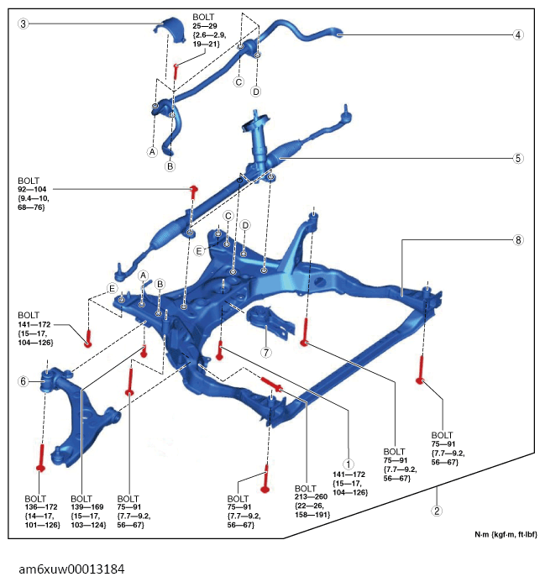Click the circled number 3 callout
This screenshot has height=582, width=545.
point(23,24)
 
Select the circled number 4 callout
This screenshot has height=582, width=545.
point(518,35)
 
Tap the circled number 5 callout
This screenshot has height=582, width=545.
point(518,159)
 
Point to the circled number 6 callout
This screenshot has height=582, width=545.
point(23,381)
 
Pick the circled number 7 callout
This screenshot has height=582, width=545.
point(266,352)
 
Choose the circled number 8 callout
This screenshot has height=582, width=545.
point(518,240)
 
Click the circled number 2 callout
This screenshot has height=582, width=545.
point(437,511)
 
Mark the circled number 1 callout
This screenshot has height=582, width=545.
point(348,464)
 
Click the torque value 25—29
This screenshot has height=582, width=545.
point(205,26)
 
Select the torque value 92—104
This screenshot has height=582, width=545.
point(32,189)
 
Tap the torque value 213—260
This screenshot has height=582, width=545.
point(311,496)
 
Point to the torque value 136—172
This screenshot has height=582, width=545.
point(41,507)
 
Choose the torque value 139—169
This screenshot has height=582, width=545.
point(87,507)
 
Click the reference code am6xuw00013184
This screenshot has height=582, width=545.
point(71,569)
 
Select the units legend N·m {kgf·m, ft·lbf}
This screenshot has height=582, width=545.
point(506,535)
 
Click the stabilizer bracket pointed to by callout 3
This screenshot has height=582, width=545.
point(172,29)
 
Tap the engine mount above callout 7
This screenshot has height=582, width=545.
point(270,322)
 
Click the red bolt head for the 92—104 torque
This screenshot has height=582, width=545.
point(193,189)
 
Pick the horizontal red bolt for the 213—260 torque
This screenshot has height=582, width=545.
point(271,384)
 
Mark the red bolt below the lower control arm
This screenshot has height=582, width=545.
point(41,458)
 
